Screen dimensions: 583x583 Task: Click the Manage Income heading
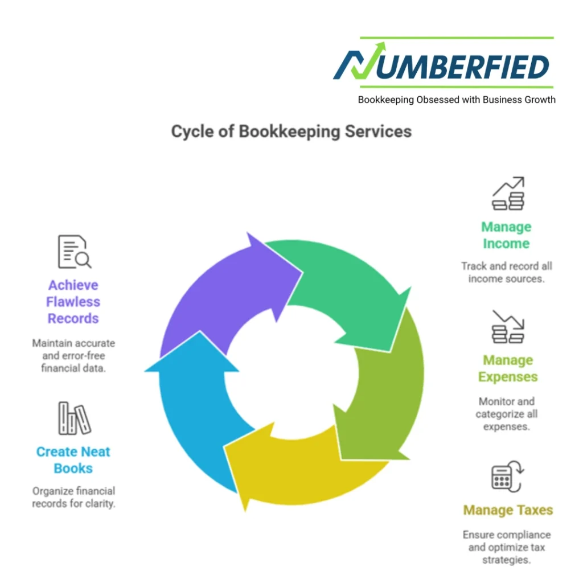click(x=506, y=235)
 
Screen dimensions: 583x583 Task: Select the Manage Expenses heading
click(x=508, y=368)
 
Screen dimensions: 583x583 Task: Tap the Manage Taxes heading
click(x=508, y=510)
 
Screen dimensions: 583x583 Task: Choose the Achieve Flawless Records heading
click(x=73, y=302)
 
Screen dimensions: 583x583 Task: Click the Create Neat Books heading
click(x=73, y=460)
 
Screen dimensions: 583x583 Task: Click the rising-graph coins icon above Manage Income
click(x=508, y=194)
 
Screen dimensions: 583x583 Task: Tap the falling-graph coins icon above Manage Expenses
click(x=508, y=327)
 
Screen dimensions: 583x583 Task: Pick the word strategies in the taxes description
click(x=507, y=560)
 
